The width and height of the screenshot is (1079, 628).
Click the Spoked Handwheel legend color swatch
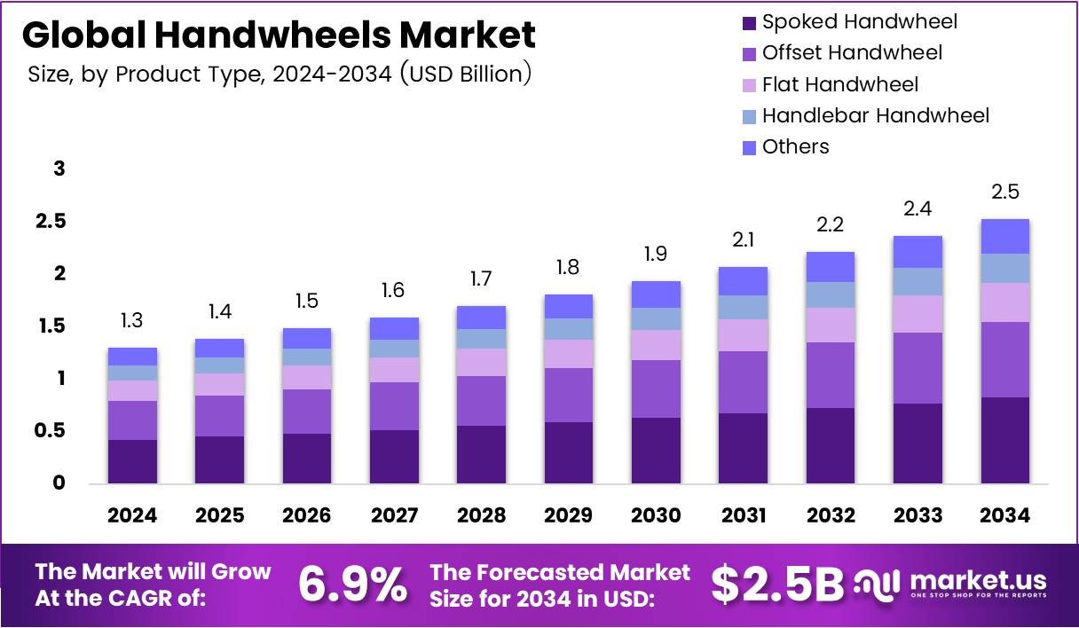(747, 22)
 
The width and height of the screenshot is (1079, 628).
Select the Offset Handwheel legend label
(852, 53)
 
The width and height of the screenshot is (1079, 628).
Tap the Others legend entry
(795, 147)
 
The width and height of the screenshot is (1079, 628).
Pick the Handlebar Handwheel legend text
(875, 115)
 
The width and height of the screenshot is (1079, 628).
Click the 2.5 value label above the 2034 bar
(1004, 192)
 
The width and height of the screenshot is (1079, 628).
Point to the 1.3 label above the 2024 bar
(133, 320)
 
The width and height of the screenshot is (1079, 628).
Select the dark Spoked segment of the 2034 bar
(1004, 440)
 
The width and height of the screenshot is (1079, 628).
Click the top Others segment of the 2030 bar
(656, 294)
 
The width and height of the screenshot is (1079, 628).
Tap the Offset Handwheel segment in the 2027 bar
(394, 406)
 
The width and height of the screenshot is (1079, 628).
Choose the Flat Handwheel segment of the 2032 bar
(830, 325)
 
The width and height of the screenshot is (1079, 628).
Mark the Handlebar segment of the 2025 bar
(219, 365)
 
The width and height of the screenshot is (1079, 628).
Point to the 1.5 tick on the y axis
(51, 326)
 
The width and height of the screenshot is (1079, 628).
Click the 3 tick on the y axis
(59, 169)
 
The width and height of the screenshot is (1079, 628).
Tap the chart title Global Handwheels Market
(279, 35)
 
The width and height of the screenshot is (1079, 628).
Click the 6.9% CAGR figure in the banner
(352, 585)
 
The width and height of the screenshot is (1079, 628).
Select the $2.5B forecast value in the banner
(777, 585)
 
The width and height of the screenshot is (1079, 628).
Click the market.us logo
(950, 585)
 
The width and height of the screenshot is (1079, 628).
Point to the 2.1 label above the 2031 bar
(743, 239)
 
